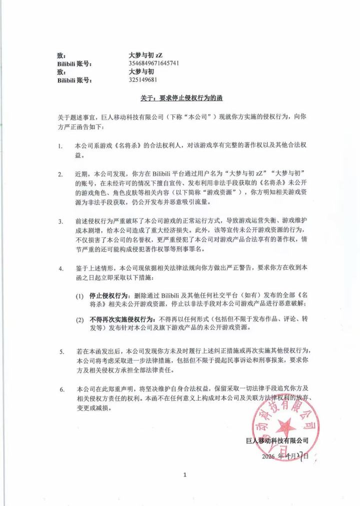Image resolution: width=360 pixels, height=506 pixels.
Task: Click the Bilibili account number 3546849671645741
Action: tap(154, 63)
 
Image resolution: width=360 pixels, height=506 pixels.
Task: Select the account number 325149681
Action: tap(143, 79)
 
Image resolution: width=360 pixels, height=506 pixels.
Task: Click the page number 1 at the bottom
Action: tap(184, 474)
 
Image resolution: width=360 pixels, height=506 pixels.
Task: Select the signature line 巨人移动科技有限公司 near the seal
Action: tap(277, 440)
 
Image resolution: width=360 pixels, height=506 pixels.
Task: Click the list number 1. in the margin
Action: tap(60, 146)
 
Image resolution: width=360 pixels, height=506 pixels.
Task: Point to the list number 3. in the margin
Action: tap(60, 221)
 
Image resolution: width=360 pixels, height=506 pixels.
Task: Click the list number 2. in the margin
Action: tap(60, 174)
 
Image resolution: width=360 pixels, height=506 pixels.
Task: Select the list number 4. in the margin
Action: tap(60, 268)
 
